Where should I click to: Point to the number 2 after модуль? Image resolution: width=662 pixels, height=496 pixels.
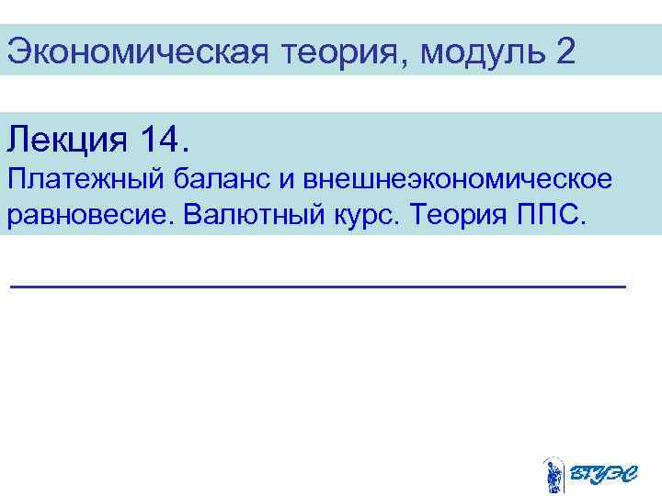(x=565, y=51)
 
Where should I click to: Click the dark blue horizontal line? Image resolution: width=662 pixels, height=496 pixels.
(x=317, y=287)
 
